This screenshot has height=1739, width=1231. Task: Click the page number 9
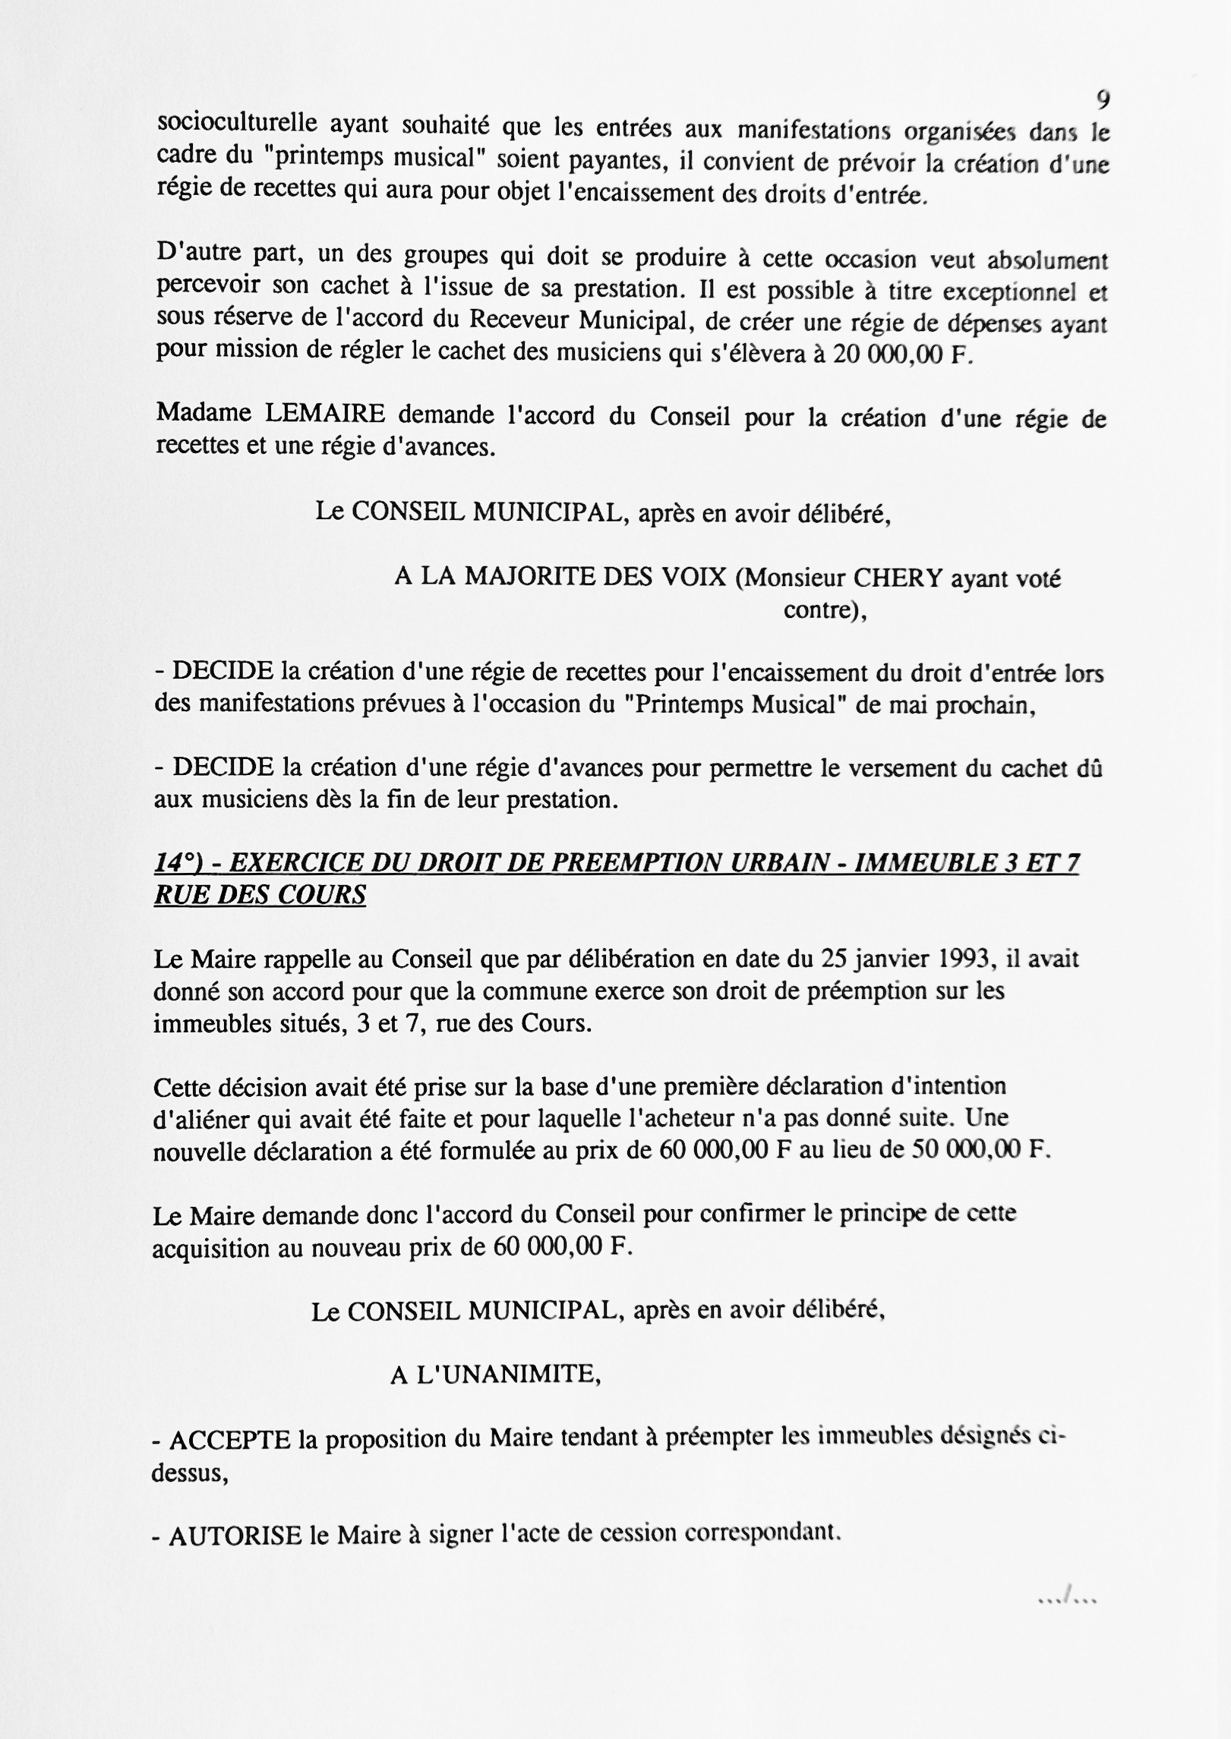1103,99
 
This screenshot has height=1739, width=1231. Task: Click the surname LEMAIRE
325,414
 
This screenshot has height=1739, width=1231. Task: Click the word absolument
1047,260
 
